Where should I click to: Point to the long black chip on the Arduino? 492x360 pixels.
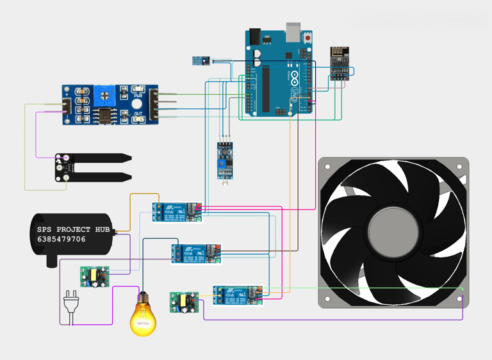tap(266, 87)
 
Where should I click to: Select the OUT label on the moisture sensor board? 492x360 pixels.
tap(138, 113)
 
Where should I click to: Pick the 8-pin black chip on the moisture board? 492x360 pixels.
tap(102, 116)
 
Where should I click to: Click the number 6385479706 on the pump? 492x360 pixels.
tap(61, 240)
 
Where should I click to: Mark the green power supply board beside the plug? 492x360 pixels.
tap(95, 276)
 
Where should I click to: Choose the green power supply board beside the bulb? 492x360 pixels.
tap(184, 302)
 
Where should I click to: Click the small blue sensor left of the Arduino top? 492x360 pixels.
tap(201, 61)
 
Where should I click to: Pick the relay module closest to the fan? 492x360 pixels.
tap(238, 295)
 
